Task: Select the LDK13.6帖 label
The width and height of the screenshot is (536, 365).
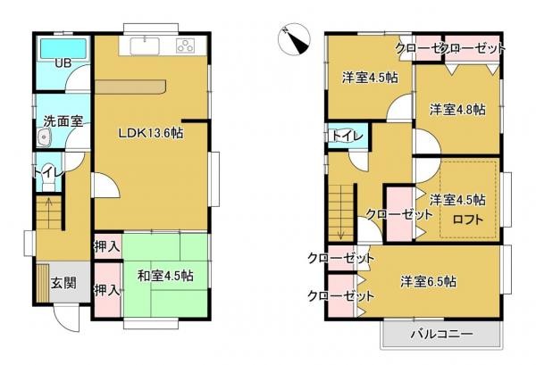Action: tap(153, 133)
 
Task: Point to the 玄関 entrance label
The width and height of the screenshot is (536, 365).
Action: tap(63, 283)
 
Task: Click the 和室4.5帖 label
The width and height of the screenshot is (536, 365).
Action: tap(164, 276)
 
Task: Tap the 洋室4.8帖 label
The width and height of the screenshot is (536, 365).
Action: tap(456, 110)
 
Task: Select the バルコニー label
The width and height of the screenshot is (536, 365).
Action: tap(440, 336)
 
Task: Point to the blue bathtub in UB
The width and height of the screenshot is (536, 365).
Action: tap(62, 46)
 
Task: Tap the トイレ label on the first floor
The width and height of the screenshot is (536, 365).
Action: tap(46, 171)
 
